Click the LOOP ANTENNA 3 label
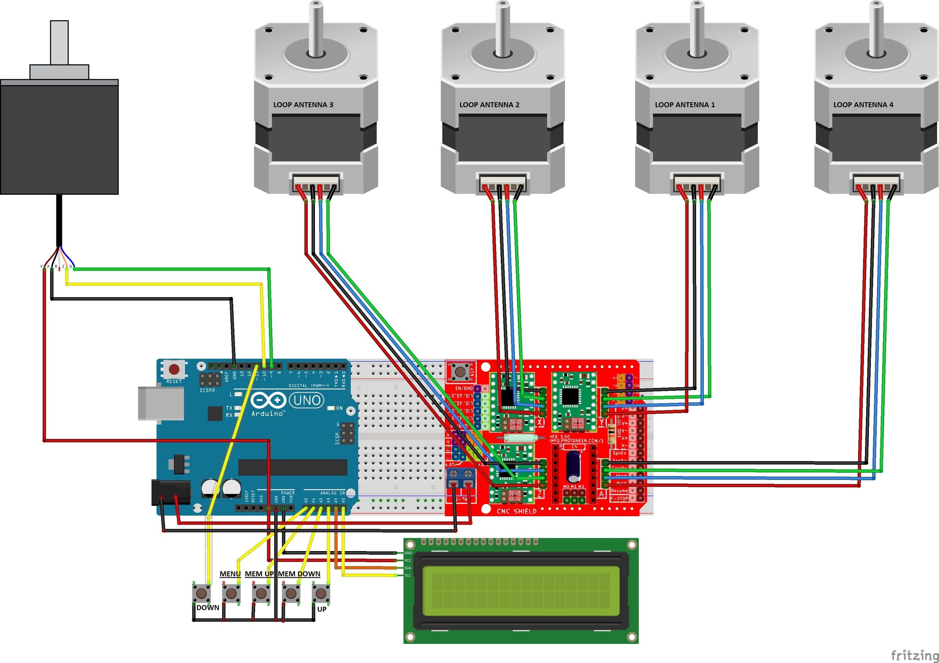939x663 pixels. (303, 105)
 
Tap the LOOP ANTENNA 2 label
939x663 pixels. (489, 105)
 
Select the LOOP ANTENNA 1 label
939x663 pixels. (685, 105)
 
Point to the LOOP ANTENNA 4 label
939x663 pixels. (863, 105)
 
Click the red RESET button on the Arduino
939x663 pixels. (174, 370)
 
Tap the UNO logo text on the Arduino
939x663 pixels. (307, 400)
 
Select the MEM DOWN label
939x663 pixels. (299, 574)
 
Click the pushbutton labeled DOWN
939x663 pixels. (201, 592)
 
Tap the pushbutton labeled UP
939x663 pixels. (321, 593)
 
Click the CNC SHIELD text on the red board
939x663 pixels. (516, 511)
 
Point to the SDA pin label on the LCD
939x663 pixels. (408, 568)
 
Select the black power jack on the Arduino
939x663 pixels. (171, 493)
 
